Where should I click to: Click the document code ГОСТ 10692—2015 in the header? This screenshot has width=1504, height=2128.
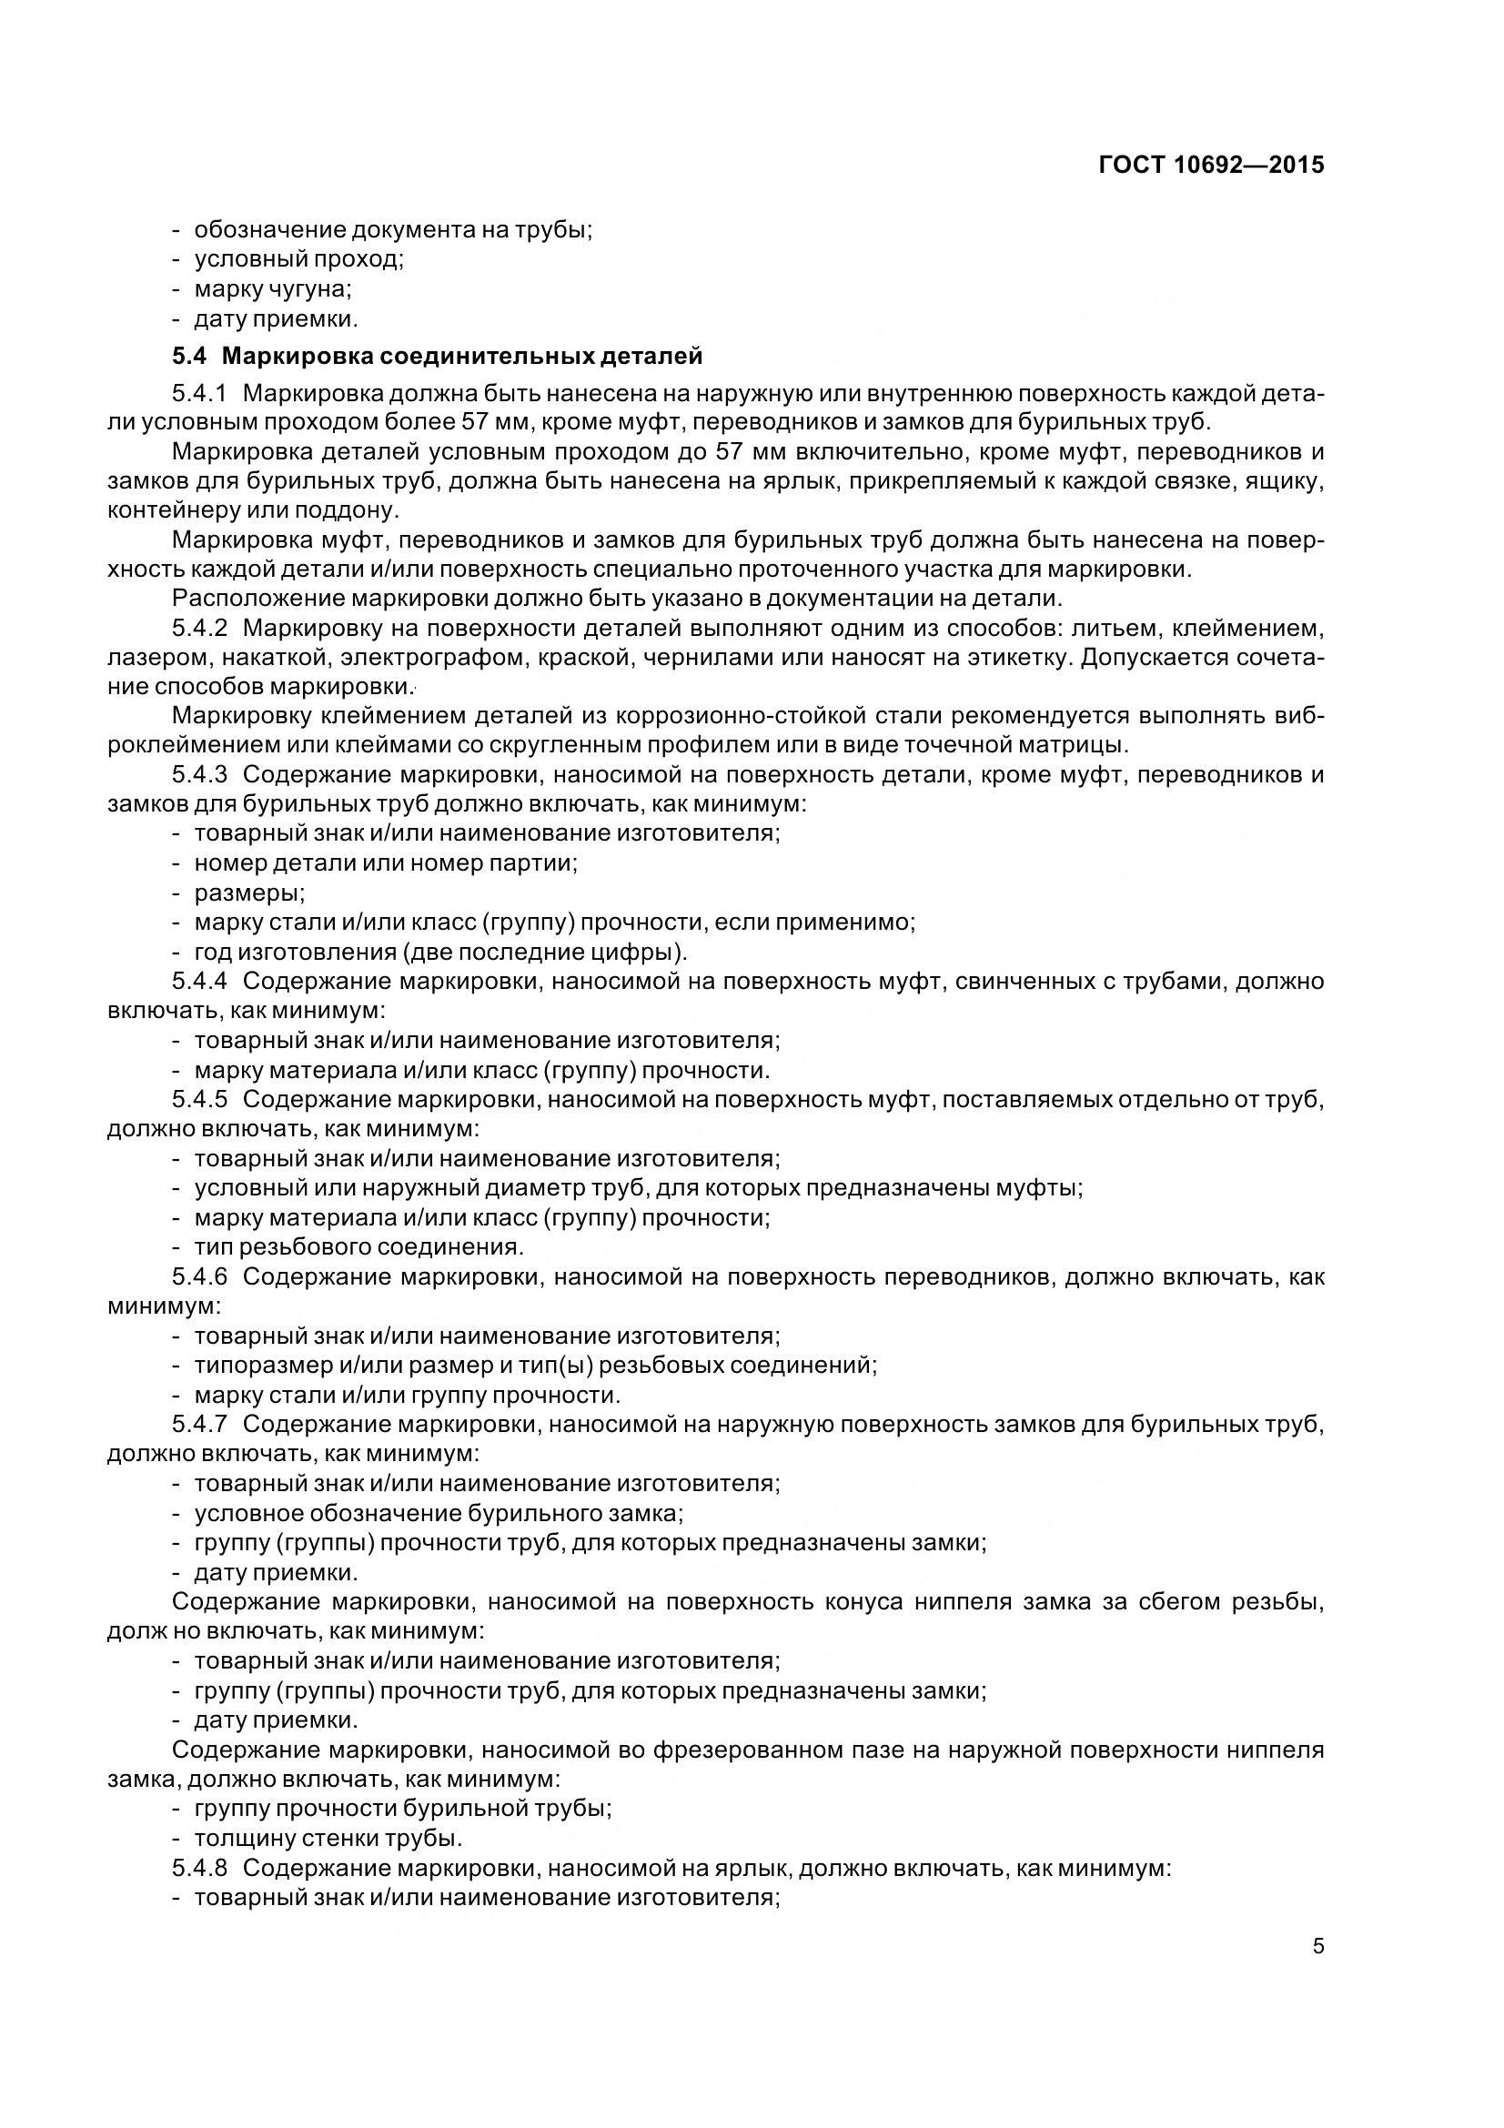[x=1211, y=165]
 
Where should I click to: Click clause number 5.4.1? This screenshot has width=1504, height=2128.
[x=199, y=393]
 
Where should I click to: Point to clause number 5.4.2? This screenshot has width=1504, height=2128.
[x=199, y=629]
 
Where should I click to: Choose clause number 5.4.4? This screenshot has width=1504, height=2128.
[x=199, y=981]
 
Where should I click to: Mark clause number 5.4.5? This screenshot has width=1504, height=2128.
[x=199, y=1099]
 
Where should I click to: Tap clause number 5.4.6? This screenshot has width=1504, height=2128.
[x=199, y=1277]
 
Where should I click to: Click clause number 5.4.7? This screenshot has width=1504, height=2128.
[x=199, y=1425]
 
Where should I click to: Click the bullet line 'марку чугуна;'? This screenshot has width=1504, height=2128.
[x=272, y=289]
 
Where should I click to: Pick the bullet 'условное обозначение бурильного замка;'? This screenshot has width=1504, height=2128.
[x=439, y=1514]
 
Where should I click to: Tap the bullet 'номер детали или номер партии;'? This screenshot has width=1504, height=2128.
[x=386, y=862]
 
